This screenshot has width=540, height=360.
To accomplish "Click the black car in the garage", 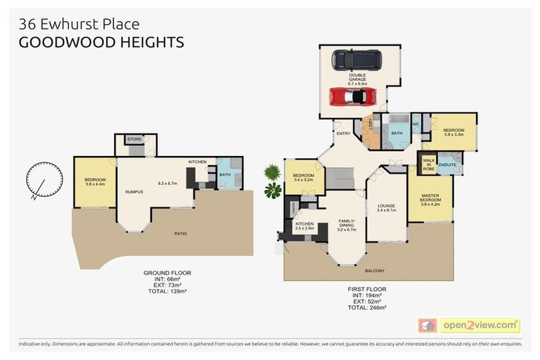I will [354, 58].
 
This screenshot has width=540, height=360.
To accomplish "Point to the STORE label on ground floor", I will [134, 139].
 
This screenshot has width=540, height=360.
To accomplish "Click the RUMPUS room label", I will [134, 191].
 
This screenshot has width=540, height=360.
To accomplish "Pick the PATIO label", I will [180, 233].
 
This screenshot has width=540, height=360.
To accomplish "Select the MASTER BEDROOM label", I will [430, 198].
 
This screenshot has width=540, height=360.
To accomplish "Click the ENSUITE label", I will [447, 165].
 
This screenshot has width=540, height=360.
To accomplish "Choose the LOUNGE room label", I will [387, 206].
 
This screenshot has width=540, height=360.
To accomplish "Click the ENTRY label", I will [344, 133].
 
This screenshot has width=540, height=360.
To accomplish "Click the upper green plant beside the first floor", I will [271, 172].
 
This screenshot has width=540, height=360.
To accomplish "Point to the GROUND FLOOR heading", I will [167, 272].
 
